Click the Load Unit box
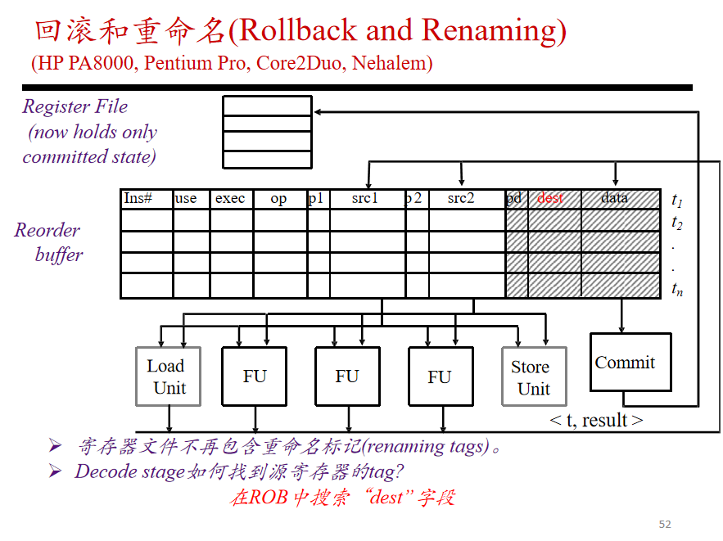point(169,376)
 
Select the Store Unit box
point(534,376)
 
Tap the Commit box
point(630,363)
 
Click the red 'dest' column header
point(549,198)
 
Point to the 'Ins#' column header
point(138,198)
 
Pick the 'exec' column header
point(229,199)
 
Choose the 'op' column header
point(278,199)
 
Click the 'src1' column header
point(364,198)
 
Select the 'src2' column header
point(461,198)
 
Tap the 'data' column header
point(614,198)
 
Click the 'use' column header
point(186,199)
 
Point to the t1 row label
point(677,200)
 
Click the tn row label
point(677,289)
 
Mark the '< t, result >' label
point(596,420)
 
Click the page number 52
point(665,524)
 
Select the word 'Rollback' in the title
point(298,30)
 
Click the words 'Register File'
point(75,107)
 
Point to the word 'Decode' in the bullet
point(106,471)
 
